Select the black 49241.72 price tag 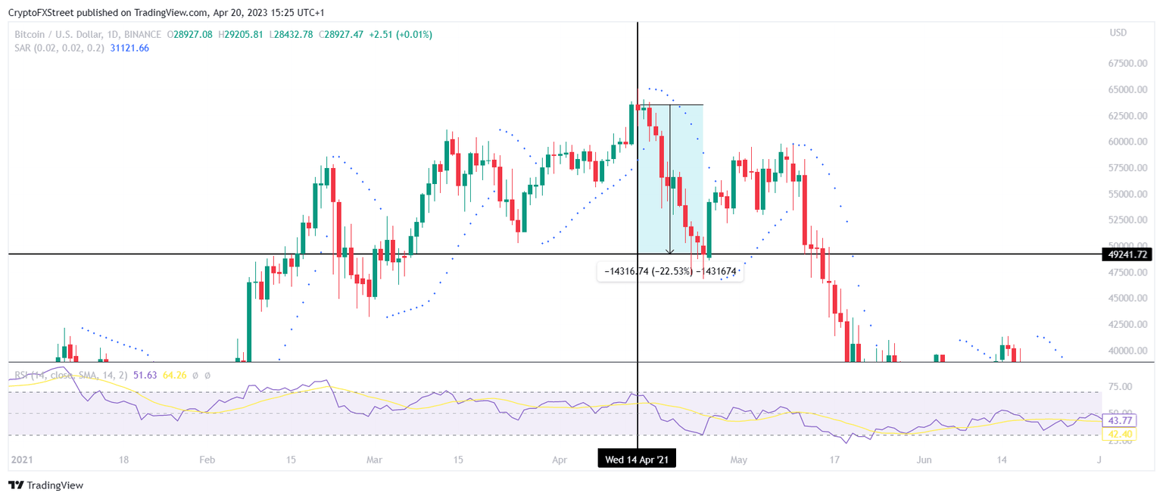click(1125, 254)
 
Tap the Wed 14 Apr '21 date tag click(637, 459)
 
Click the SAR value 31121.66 click(129, 48)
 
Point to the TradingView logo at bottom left click(46, 485)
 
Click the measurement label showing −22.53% click(669, 271)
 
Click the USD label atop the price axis click(1118, 33)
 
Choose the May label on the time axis click(739, 460)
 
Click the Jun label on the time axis click(924, 460)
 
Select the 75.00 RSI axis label click(1120, 386)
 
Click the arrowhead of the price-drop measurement click(670, 251)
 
